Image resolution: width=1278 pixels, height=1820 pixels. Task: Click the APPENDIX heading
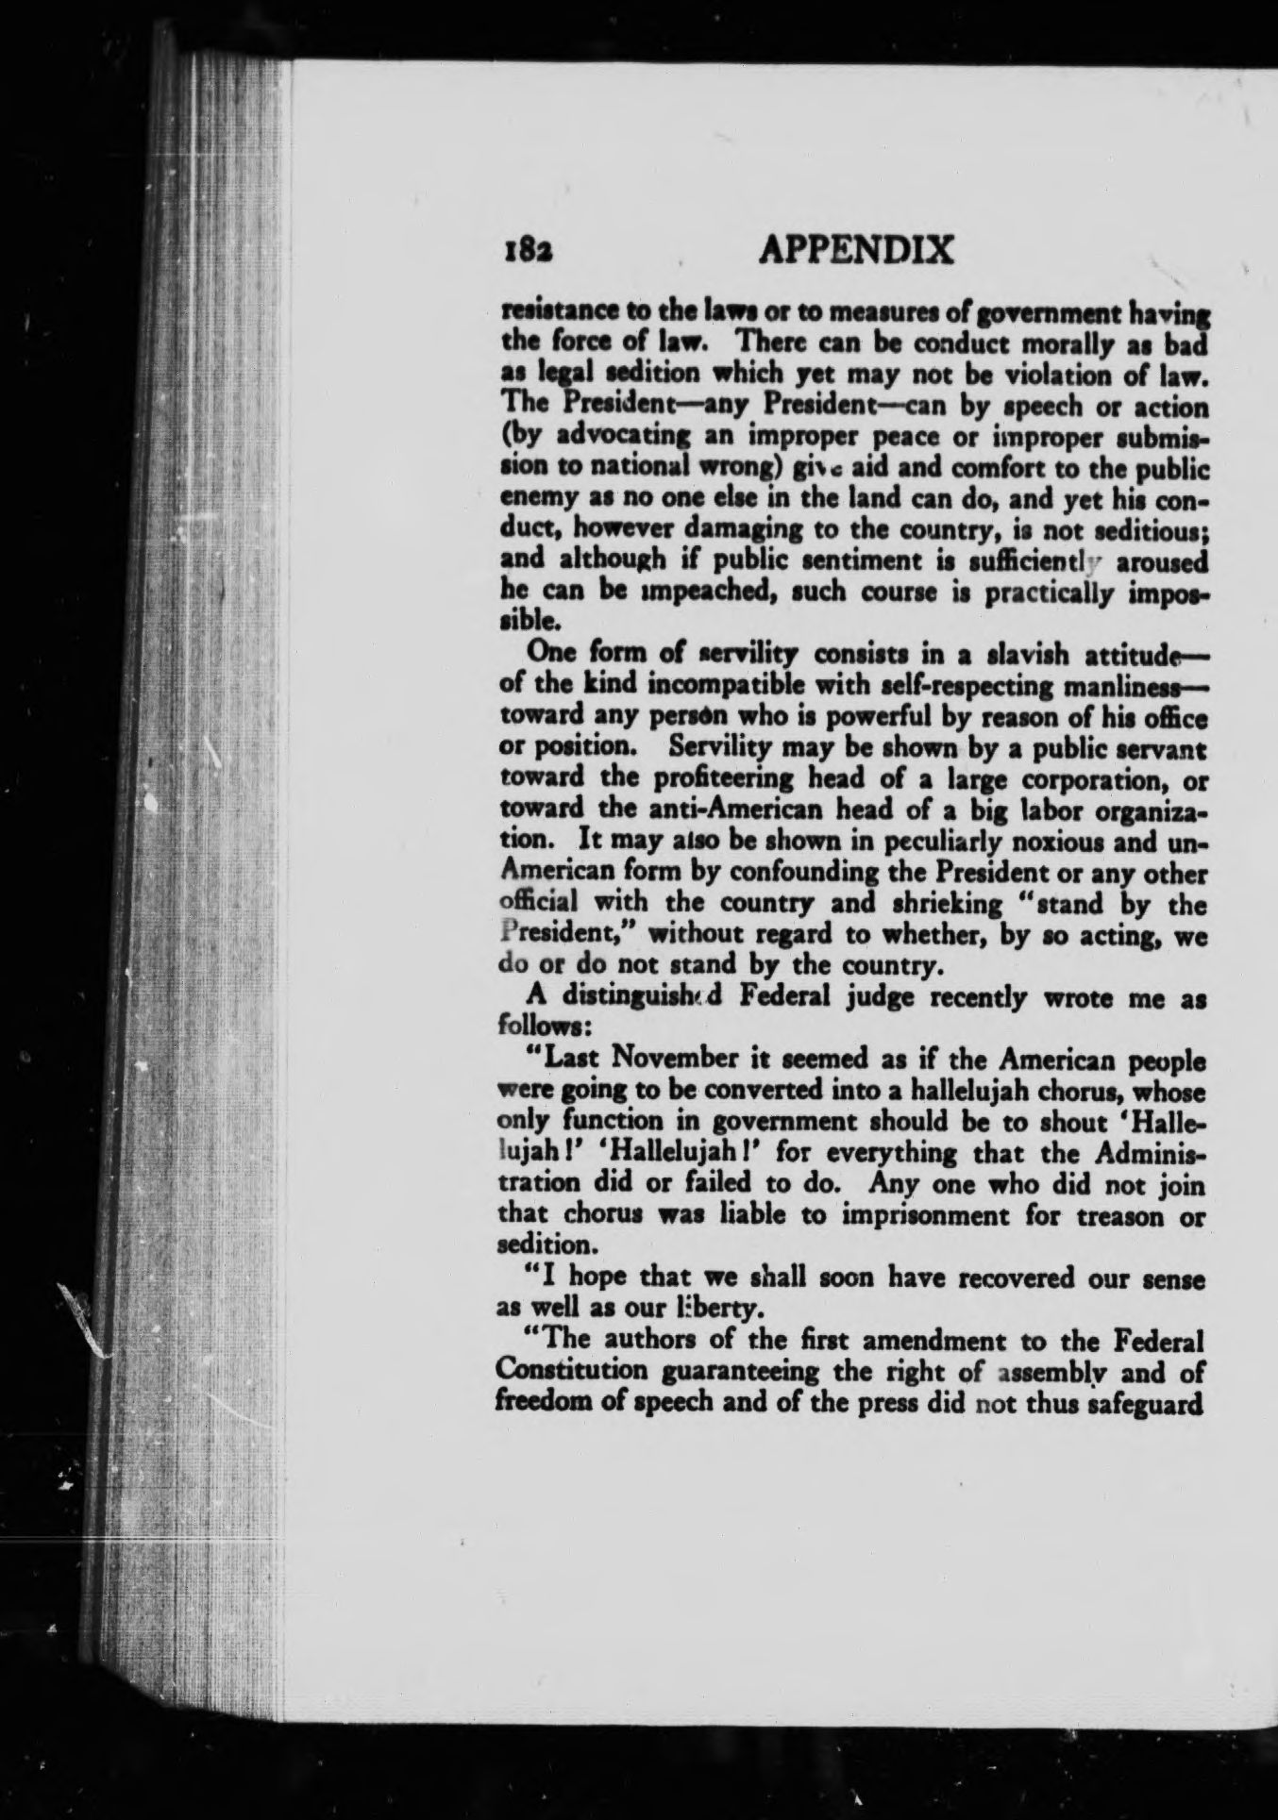point(856,250)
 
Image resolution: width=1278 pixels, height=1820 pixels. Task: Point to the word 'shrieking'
point(929,904)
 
